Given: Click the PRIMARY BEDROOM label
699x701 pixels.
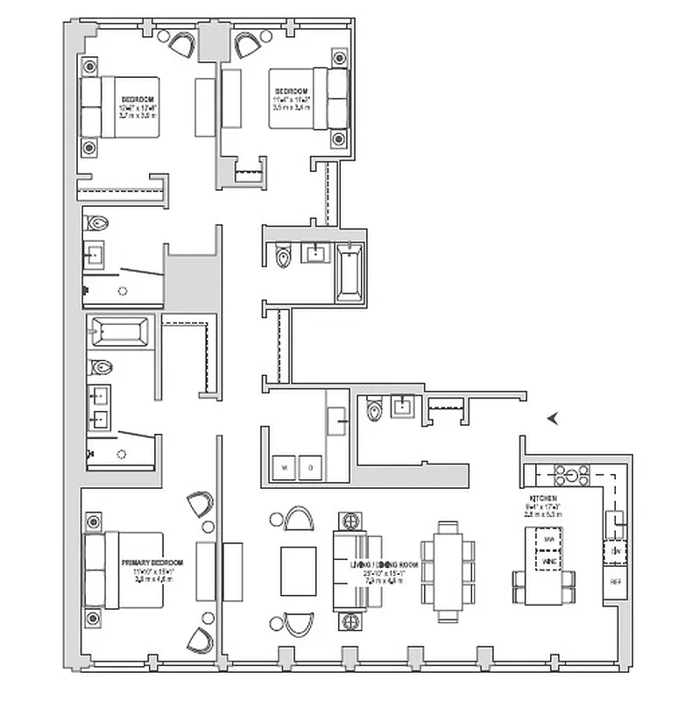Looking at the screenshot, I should (x=153, y=562).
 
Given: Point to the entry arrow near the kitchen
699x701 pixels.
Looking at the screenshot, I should (x=553, y=419).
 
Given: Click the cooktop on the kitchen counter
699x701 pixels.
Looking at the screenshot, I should (x=574, y=476).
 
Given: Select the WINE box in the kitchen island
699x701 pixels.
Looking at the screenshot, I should (x=550, y=558).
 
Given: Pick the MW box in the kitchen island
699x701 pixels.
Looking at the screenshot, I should (x=550, y=537).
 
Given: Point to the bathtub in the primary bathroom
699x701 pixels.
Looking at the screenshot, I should (x=118, y=334).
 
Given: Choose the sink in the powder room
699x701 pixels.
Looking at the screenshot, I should (x=402, y=406).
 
